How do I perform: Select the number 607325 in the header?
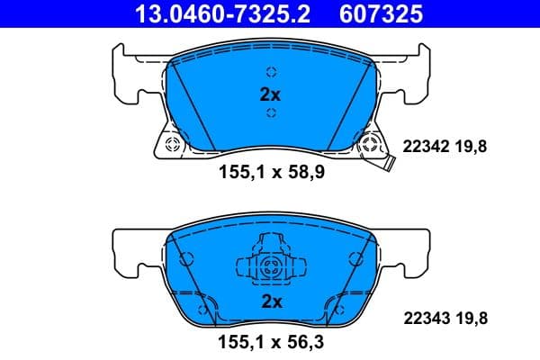(380, 13)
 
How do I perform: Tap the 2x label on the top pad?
(270, 93)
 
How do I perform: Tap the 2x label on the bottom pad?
(270, 301)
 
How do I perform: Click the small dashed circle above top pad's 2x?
(270, 73)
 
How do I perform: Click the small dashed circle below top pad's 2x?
(270, 112)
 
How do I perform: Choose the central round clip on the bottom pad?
(270, 265)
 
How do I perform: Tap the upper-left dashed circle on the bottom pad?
(187, 258)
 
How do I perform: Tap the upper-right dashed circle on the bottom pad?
(353, 258)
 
